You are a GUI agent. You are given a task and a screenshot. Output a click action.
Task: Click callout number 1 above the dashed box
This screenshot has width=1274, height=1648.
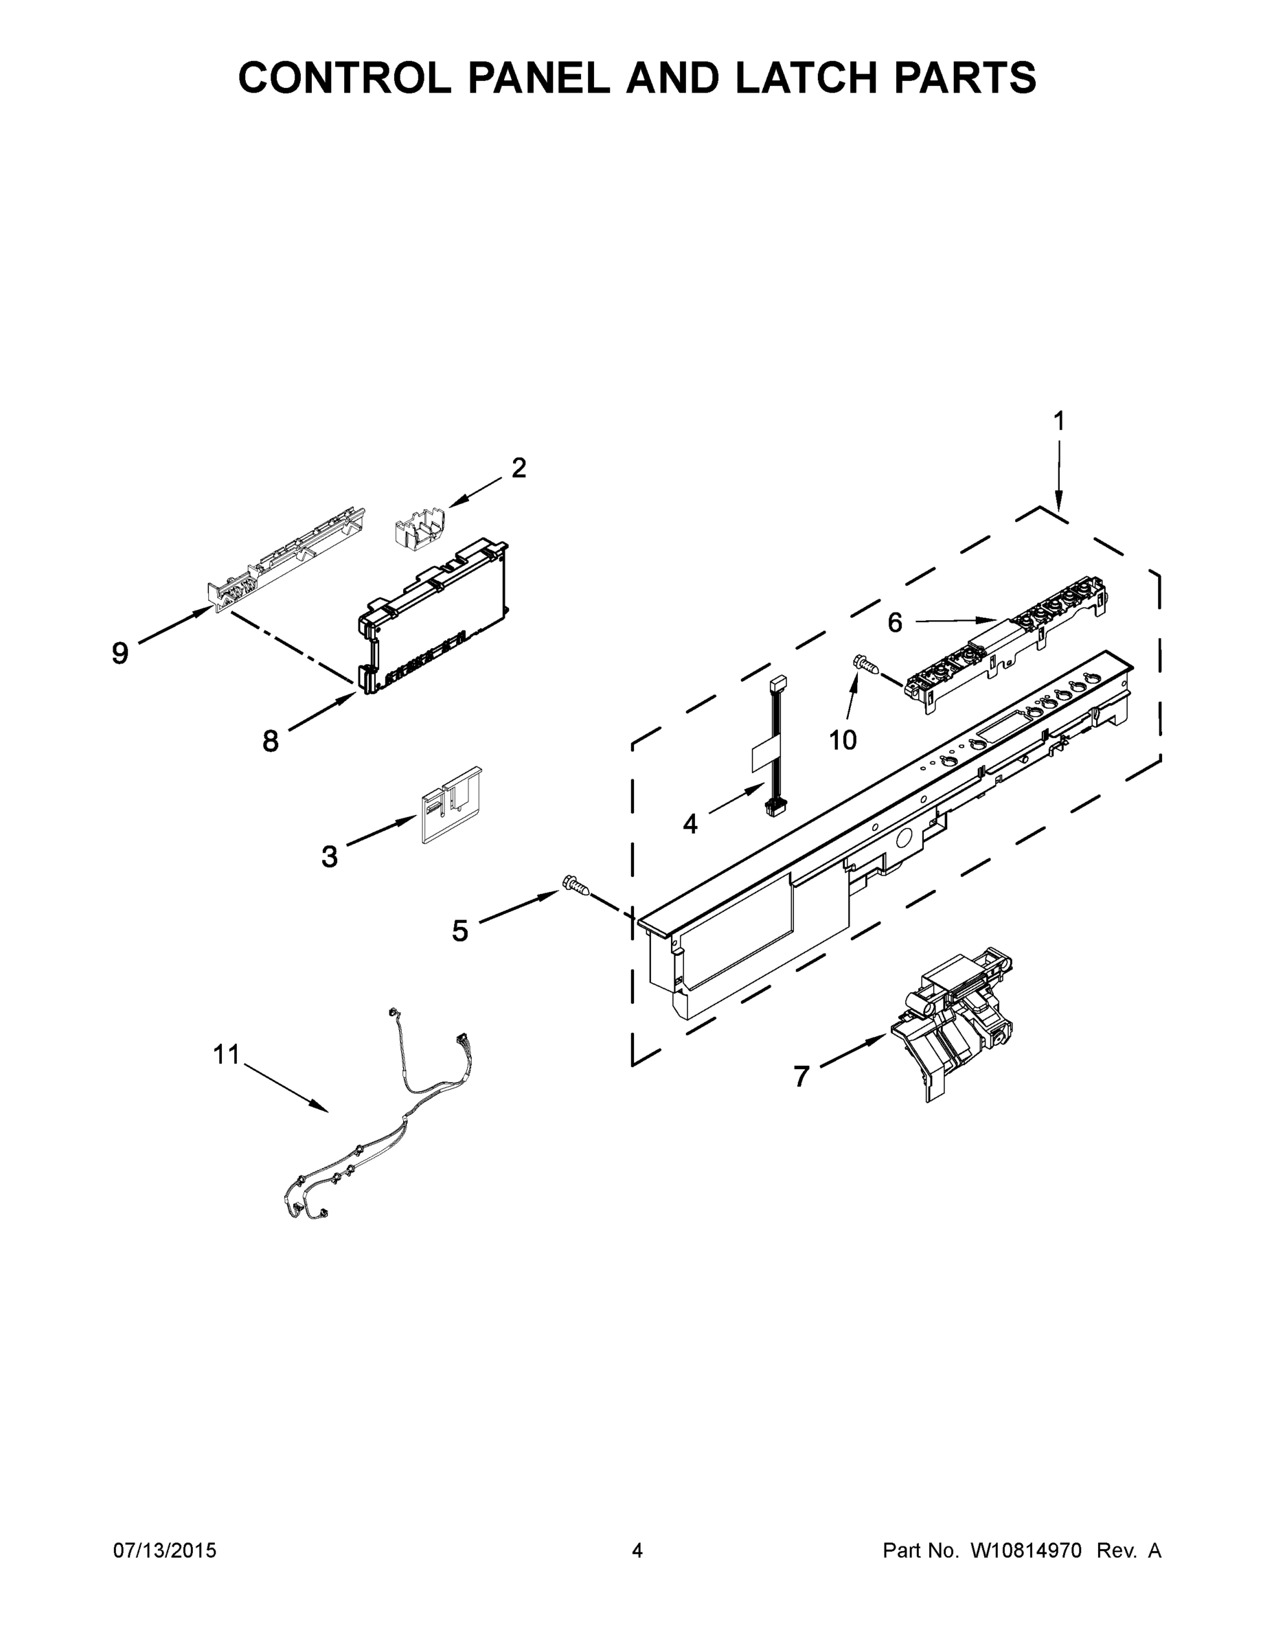pos(1058,421)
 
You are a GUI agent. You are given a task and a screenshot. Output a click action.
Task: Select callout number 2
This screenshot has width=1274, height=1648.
pos(519,468)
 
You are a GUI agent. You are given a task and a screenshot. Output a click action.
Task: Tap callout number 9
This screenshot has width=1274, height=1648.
pos(120,653)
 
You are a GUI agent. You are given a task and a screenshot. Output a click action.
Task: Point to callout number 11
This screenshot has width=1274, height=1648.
pos(226,1054)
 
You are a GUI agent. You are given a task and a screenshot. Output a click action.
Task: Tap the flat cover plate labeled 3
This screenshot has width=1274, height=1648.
pos(451,805)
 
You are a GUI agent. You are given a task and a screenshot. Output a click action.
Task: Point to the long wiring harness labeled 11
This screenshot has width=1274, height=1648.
pos(377,1132)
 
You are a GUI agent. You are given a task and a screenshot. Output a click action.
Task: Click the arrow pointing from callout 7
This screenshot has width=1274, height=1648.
pos(853,1051)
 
